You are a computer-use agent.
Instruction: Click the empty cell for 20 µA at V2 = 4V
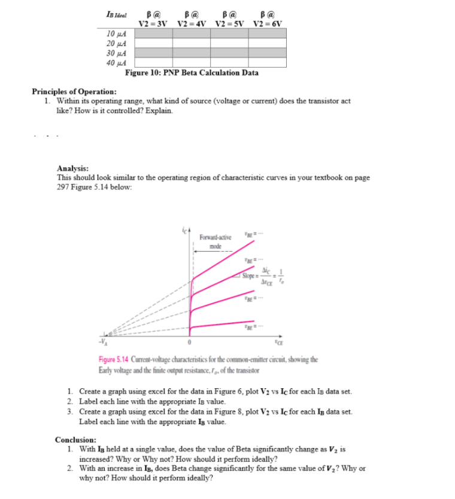192,43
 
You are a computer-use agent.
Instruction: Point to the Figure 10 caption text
192,73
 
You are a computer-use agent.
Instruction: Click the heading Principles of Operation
74,92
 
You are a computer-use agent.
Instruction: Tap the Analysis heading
73,169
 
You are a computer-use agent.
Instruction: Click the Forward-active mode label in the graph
215,241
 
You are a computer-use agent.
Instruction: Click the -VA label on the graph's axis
102,343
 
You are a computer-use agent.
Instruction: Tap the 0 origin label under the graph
190,343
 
